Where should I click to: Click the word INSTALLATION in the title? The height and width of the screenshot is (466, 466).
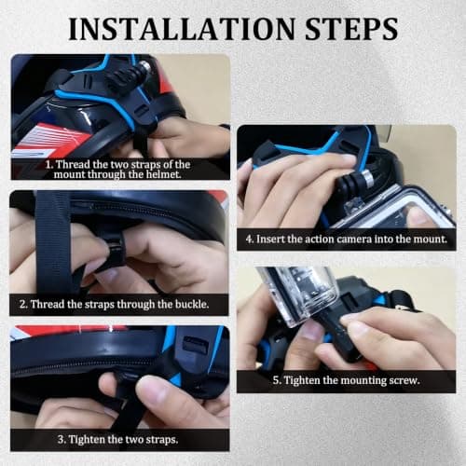coord(181,29)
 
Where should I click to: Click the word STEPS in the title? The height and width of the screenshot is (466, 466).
coord(351,29)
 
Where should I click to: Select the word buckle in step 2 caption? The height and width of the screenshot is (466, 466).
coord(192,304)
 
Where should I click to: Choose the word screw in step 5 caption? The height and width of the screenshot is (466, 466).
coord(404,380)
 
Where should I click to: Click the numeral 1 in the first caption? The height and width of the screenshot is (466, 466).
coord(48,164)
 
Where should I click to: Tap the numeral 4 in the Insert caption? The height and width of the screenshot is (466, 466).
coord(249,239)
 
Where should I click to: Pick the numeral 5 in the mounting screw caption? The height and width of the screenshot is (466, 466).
coord(276,380)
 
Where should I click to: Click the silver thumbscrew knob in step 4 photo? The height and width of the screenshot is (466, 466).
coord(367,177)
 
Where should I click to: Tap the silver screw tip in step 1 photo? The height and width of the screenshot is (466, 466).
coord(145,66)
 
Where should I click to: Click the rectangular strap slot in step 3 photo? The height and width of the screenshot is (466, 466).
coord(195,344)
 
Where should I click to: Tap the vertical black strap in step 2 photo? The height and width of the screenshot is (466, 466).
coord(54,242)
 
